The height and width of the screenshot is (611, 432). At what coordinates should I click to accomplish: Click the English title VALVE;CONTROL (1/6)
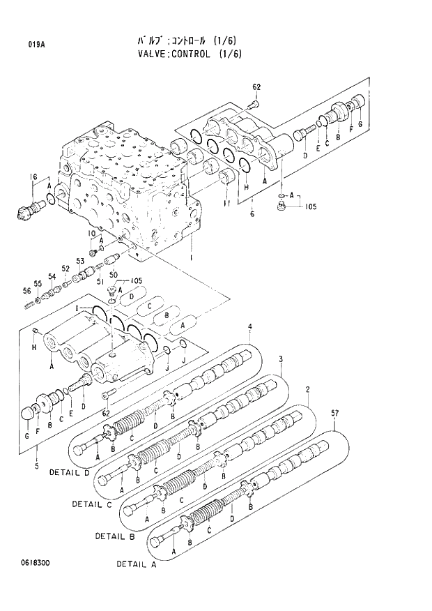190,54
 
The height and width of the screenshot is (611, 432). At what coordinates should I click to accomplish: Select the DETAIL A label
137,564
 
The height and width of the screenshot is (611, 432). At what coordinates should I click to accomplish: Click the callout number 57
335,414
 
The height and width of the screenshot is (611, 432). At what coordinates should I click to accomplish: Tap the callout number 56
26,291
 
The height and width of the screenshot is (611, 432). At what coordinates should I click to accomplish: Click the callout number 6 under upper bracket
252,213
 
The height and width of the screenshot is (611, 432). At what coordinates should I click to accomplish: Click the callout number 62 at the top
256,87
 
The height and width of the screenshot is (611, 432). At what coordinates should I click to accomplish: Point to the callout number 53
80,261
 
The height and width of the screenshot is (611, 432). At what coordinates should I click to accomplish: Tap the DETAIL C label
91,503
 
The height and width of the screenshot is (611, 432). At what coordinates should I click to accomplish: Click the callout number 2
307,388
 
